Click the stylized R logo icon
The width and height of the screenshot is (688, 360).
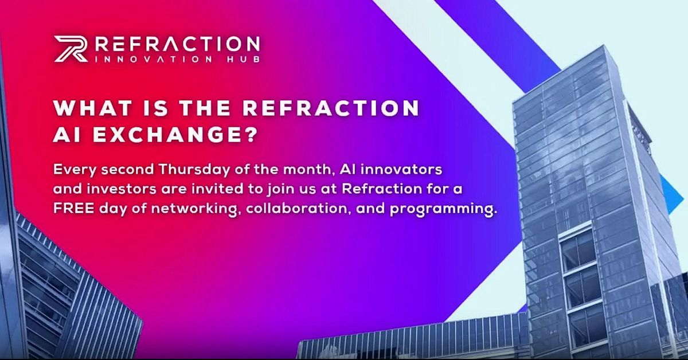pyautogui.click(x=71, y=49)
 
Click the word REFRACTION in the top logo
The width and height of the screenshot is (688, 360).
pyautogui.click(x=178, y=45)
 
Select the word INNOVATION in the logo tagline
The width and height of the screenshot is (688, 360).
pyautogui.click(x=154, y=59)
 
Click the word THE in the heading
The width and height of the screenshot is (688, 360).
pyautogui.click(x=205, y=108)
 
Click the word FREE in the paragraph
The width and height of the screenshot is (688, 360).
pyautogui.click(x=74, y=209)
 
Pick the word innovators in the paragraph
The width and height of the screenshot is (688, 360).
pyautogui.click(x=401, y=170)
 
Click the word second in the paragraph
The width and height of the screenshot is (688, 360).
pyautogui.click(x=127, y=170)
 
